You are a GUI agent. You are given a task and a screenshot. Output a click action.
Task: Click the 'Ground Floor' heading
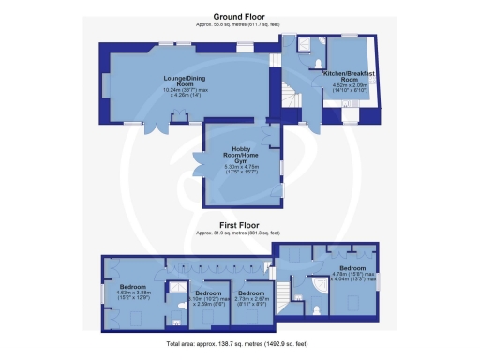[x=239, y=17]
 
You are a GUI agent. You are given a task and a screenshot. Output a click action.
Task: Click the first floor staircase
[x=301, y=281]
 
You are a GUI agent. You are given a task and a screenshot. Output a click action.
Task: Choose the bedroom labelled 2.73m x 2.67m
[x=249, y=296]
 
